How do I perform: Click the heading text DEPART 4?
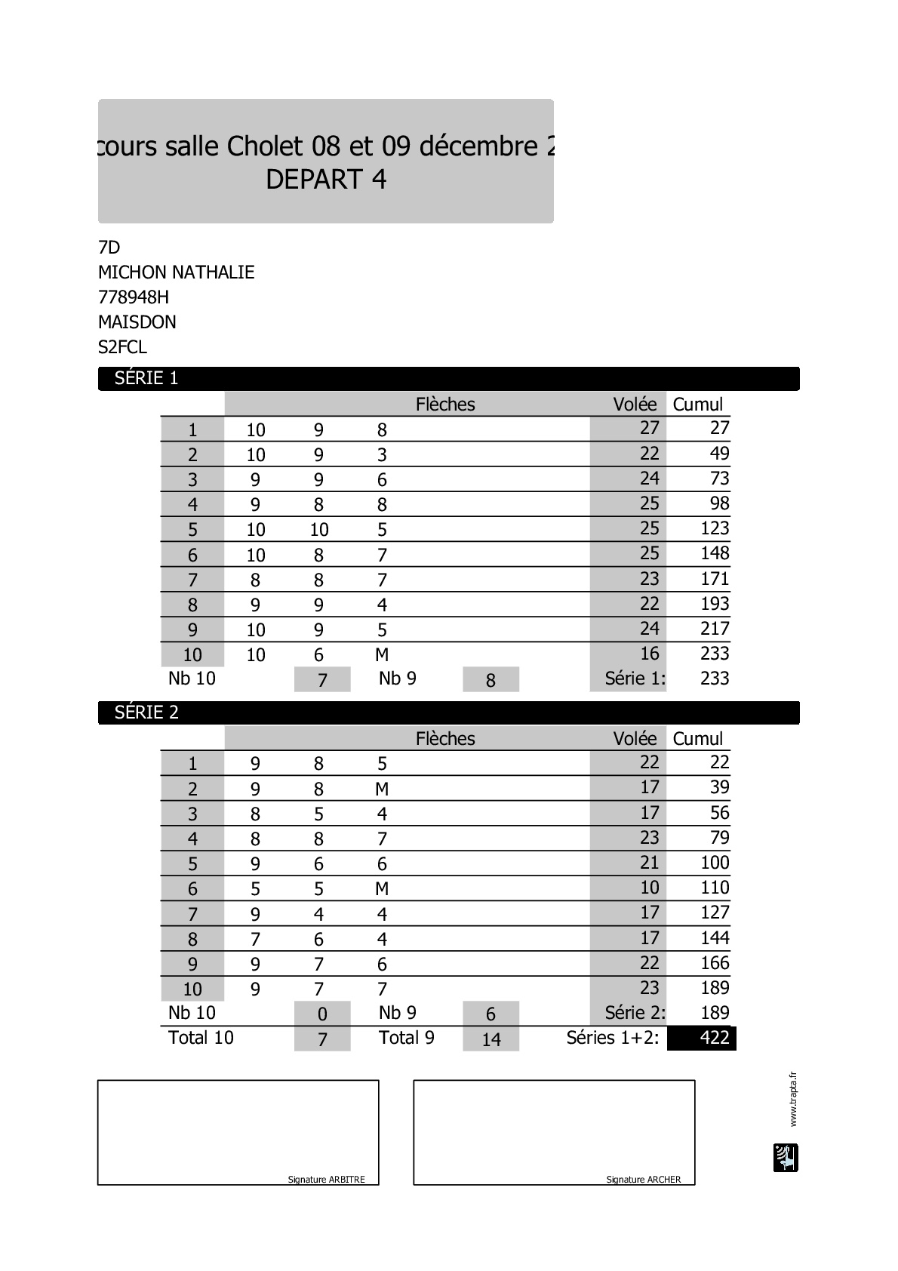point(326,180)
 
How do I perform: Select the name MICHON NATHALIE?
point(176,272)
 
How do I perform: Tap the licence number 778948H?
point(133,297)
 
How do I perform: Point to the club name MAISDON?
point(137,322)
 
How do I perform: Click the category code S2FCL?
point(122,347)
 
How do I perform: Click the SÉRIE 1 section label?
point(146,378)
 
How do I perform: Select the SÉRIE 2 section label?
point(146,712)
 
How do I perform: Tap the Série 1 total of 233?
point(714,679)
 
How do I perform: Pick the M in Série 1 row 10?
point(382,655)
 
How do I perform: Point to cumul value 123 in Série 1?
point(714,528)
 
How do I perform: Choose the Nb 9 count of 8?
point(491,680)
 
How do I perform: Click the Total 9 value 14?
point(491,1039)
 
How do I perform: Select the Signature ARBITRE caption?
point(326,1180)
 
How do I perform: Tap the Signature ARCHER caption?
point(643,1180)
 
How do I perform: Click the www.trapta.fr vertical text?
point(792,1099)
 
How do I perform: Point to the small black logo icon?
point(786,1158)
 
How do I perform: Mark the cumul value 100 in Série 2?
point(714,863)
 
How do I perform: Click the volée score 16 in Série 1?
point(649,654)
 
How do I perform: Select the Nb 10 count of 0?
point(322,1014)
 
